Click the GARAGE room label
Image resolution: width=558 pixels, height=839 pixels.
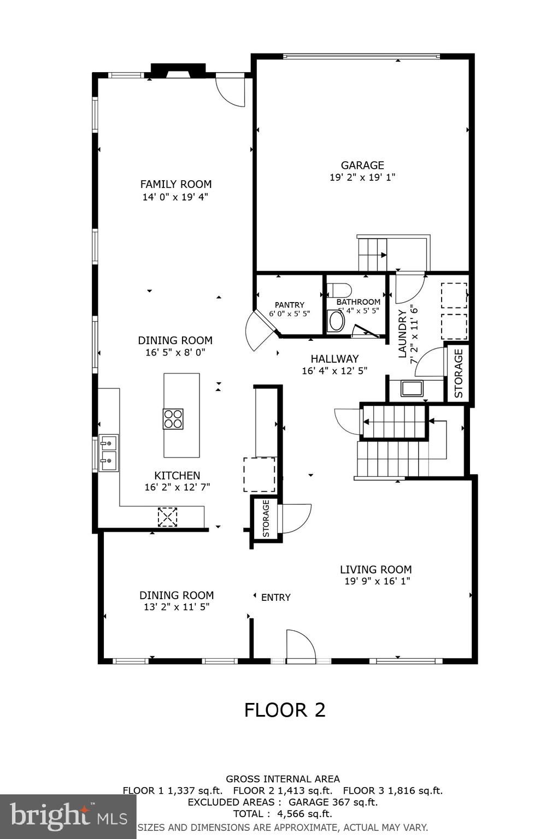point(362,165)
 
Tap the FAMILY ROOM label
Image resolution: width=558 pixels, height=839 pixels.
point(175,184)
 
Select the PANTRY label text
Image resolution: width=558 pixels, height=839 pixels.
point(289,305)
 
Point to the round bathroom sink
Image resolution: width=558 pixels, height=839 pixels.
point(336,321)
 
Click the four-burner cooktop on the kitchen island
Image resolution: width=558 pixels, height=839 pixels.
point(173,419)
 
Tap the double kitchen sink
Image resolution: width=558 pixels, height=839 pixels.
point(109,453)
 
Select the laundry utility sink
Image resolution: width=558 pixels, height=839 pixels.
point(412,388)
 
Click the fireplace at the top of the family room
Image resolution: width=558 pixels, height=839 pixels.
point(178,71)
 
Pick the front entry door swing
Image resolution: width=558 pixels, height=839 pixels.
point(300,646)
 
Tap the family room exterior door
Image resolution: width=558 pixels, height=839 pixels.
point(230,91)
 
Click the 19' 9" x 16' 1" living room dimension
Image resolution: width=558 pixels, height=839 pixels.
point(377,581)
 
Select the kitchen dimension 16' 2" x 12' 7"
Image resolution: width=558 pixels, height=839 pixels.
point(177,487)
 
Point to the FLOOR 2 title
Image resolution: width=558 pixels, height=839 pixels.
point(284,710)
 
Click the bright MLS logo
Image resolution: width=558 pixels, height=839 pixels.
point(68,817)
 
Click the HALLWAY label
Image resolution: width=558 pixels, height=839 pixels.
point(334,359)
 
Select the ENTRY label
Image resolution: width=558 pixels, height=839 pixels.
point(275,598)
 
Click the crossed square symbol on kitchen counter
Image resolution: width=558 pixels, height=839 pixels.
point(167,517)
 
